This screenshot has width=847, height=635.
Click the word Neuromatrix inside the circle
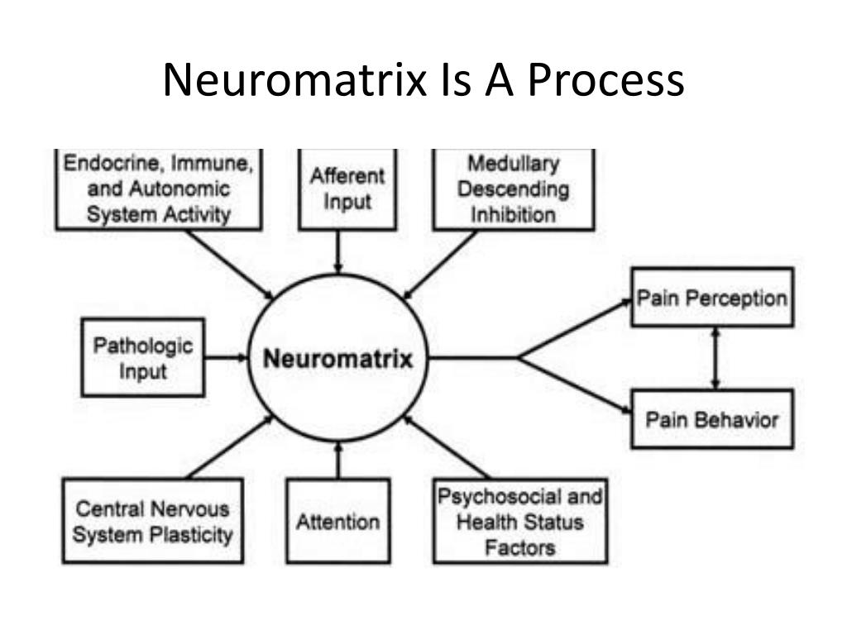(x=337, y=360)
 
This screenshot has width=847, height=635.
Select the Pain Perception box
(x=712, y=298)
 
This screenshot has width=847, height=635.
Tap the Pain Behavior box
(x=712, y=419)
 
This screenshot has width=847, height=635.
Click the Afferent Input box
(x=347, y=189)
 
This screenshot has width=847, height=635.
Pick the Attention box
(x=337, y=522)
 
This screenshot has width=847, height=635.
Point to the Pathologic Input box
(x=143, y=358)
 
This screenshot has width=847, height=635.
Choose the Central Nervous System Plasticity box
(x=152, y=522)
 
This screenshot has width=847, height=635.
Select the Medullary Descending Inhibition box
(x=513, y=189)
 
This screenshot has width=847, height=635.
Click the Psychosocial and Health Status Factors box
(x=520, y=522)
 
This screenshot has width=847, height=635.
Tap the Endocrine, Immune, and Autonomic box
(x=158, y=189)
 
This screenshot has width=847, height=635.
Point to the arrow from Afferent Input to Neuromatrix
(x=337, y=251)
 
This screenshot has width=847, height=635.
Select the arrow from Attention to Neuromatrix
(x=337, y=460)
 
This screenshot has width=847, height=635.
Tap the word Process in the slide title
(x=606, y=81)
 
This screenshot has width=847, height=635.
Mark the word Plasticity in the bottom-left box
(x=191, y=535)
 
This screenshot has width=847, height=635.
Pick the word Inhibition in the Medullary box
(x=513, y=215)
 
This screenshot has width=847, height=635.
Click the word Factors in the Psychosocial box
(x=520, y=547)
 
